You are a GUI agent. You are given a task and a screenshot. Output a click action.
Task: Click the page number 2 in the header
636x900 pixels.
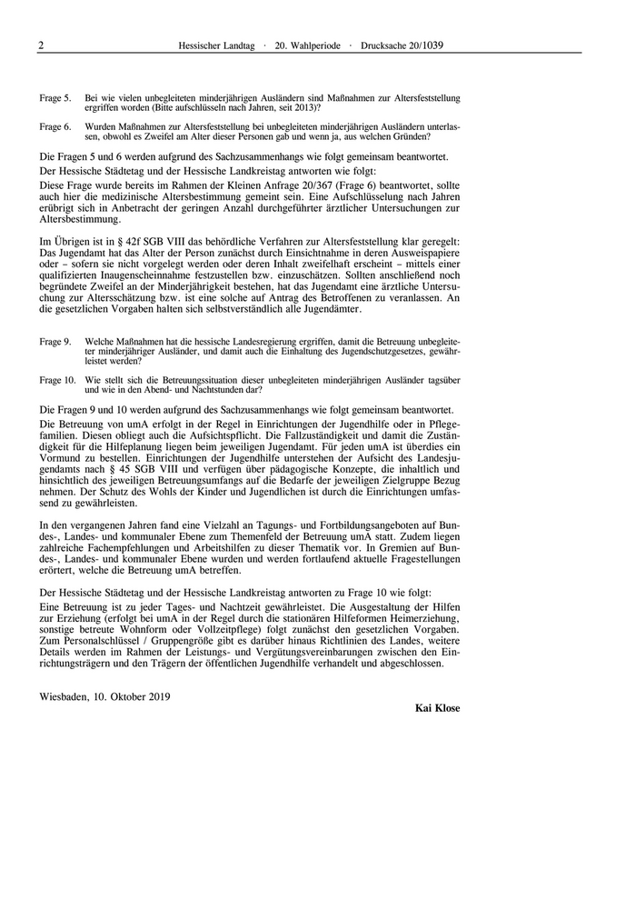[x=42, y=45]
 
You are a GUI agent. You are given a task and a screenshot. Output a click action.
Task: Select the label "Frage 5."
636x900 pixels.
[x=55, y=97]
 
